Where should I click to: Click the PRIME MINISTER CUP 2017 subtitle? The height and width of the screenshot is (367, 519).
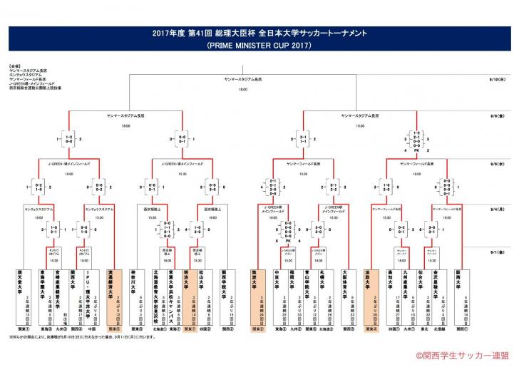(x=259, y=44)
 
